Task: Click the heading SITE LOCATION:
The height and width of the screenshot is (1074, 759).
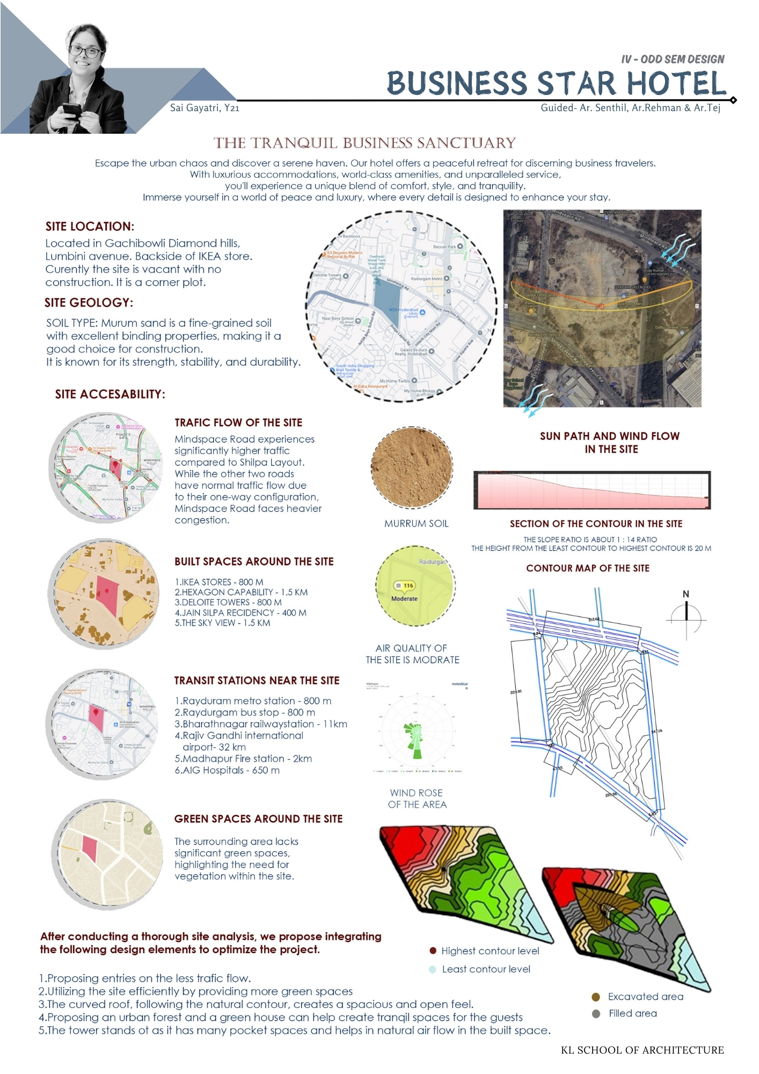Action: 90,227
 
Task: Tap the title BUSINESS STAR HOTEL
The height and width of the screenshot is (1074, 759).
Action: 556,84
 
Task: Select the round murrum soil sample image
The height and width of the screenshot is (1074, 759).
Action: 412,467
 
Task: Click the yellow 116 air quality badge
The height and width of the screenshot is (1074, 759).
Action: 406,585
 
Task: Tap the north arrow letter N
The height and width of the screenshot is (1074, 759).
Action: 685,594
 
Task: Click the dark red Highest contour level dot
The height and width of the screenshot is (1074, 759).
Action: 433,950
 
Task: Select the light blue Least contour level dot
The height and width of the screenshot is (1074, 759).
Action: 433,969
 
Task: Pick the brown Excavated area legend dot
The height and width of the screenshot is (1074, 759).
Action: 595,997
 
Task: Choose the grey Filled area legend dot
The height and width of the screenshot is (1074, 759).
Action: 596,1014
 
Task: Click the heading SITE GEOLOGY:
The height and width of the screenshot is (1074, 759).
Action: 89,303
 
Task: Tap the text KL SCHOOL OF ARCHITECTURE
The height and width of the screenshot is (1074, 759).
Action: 642,1050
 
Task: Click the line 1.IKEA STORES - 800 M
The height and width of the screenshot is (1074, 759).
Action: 219,582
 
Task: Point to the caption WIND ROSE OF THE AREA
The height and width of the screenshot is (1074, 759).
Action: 417,799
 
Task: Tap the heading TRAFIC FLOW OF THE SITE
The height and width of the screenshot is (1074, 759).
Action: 238,423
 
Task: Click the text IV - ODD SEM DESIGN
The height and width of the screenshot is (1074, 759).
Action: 673,59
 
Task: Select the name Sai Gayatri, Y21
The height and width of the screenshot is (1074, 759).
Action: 205,108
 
